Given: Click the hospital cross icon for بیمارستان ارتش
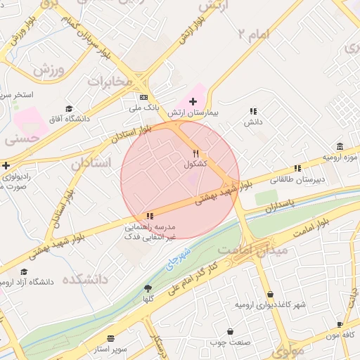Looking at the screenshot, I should tap(193, 102).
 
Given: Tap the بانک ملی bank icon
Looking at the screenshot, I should tap(144, 97).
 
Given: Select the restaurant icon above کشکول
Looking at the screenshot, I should tap(196, 153).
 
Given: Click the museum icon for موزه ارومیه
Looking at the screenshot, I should tap(340, 146).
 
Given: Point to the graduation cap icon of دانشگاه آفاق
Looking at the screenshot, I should tap(69, 108).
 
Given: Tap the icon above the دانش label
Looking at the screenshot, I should tap(253, 111).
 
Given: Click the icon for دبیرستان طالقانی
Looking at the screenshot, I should tap(297, 168).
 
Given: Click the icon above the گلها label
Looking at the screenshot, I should tap(148, 288).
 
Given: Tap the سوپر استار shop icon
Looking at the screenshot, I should tap(110, 338).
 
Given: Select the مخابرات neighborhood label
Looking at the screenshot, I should tap(109, 82).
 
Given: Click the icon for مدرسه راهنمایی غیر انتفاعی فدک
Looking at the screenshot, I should tap(149, 216).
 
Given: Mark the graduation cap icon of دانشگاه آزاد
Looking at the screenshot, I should tap(24, 271).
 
